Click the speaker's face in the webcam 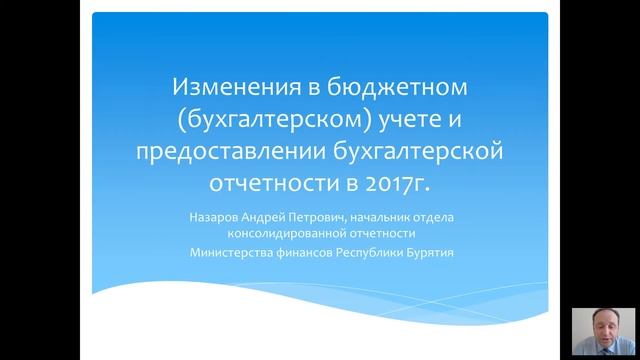click(x=605, y=325)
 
